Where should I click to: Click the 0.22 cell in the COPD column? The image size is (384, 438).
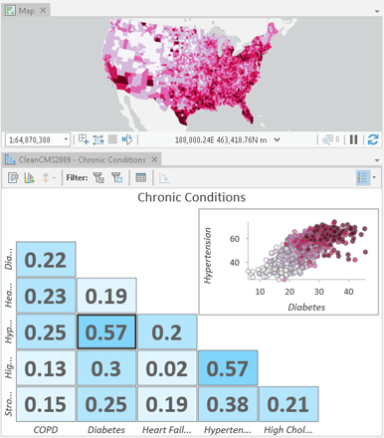pyautogui.click(x=46, y=261)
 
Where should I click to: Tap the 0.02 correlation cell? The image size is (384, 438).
pyautogui.click(x=167, y=369)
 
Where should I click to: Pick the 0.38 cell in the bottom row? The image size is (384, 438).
pyautogui.click(x=228, y=405)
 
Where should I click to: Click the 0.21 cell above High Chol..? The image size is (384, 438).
pyautogui.click(x=288, y=405)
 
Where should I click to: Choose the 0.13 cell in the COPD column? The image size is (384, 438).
pyautogui.click(x=46, y=369)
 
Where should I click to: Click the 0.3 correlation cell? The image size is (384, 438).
pyautogui.click(x=106, y=369)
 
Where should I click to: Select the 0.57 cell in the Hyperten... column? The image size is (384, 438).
pyautogui.click(x=228, y=369)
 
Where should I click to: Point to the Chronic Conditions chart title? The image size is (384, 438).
pyautogui.click(x=191, y=198)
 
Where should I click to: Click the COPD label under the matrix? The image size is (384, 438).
pyautogui.click(x=46, y=430)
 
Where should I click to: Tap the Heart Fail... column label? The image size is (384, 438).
pyautogui.click(x=167, y=430)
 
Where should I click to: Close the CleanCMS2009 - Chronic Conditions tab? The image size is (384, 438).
pyautogui.click(x=154, y=159)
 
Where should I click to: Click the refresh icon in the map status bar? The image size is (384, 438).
pyautogui.click(x=373, y=140)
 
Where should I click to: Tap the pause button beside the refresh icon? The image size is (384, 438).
pyautogui.click(x=355, y=140)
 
